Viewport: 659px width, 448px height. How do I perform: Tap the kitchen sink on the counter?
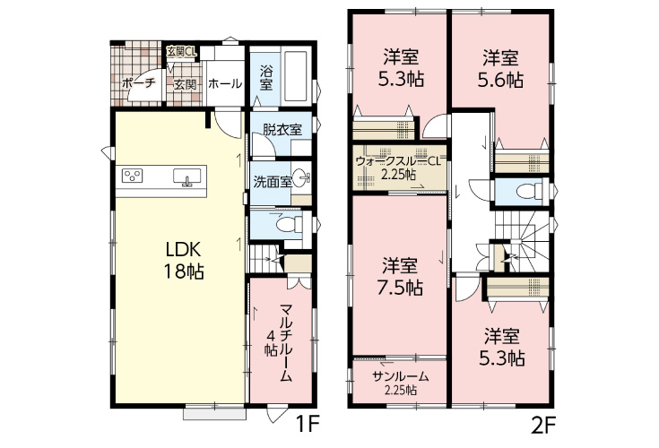tap(187, 177)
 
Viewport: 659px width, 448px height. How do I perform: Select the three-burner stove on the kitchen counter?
tap(133, 176)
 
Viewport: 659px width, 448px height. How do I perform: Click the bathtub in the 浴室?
tap(296, 76)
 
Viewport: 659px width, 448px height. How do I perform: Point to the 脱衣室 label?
tap(282, 129)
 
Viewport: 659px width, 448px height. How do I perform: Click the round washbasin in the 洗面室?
tap(300, 178)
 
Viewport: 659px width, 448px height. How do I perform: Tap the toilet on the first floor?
tap(290, 224)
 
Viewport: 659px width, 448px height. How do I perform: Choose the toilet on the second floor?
tap(529, 192)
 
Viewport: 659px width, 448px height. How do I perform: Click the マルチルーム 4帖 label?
tap(278, 342)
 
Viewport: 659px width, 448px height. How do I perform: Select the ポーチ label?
tap(138, 83)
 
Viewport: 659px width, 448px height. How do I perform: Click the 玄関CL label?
tap(181, 52)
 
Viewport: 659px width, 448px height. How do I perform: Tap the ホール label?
tap(225, 83)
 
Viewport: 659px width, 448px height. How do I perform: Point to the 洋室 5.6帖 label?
tap(500, 68)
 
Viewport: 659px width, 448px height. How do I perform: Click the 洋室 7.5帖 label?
tap(400, 276)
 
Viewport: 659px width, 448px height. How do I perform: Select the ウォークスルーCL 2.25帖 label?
tap(397, 168)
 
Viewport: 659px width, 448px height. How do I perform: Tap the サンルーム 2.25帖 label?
tap(401, 383)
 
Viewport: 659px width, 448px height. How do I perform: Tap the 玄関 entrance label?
tap(186, 84)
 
